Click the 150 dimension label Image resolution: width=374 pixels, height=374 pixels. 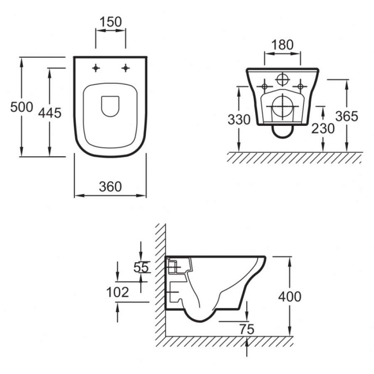coord(111,22)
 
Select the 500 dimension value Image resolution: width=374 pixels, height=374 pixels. coord(22,107)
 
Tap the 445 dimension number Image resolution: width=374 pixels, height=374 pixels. coord(50,113)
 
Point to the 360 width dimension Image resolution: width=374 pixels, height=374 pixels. coord(111,187)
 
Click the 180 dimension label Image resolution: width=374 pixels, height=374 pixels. coord(283,44)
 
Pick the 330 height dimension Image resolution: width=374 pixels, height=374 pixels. coord(239,120)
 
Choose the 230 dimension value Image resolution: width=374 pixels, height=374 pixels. coord(323,128)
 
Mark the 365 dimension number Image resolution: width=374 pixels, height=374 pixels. coord(347,116)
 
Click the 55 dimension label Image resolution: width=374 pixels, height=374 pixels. coord(141,267)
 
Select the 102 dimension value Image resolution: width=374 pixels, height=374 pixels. coord(118,292)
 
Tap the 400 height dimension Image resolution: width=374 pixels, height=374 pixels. coord(290,297)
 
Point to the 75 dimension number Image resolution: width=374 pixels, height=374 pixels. coord(247,330)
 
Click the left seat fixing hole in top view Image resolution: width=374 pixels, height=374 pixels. coord(96,68)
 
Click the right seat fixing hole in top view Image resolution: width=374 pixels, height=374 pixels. coord(125,68)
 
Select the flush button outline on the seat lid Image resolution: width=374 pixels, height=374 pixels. coord(110,106)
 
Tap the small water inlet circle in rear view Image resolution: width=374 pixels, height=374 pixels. coord(283,80)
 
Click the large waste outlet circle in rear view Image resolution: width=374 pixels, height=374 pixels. coord(283,107)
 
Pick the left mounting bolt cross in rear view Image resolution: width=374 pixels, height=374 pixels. coord(264,86)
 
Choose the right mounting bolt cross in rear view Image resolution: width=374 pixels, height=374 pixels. coord(300,86)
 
